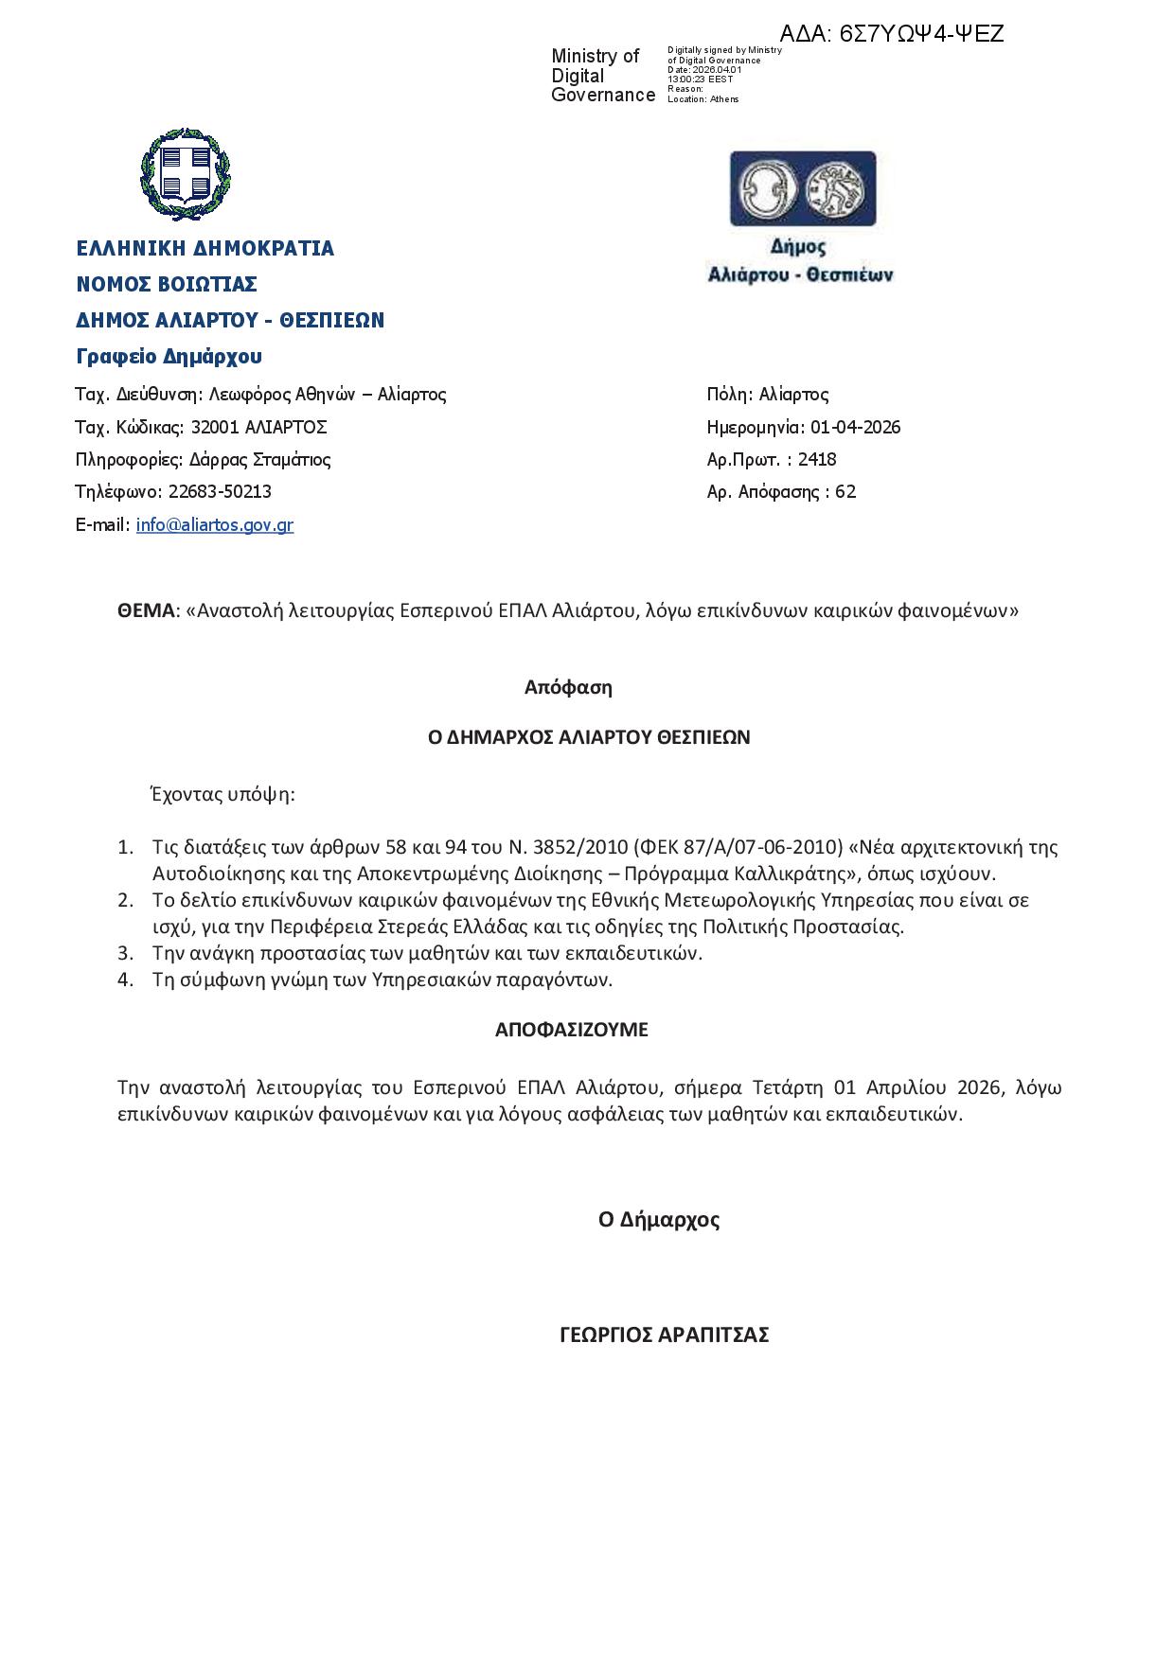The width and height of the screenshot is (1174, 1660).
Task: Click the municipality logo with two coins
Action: pyautogui.click(x=802, y=187)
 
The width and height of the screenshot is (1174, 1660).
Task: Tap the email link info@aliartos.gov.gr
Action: pyautogui.click(x=214, y=524)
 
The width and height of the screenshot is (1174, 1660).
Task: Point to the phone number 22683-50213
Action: pyautogui.click(x=220, y=492)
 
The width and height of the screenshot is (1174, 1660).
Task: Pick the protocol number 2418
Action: pyautogui.click(x=817, y=460)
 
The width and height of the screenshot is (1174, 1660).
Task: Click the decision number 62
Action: pyautogui.click(x=845, y=492)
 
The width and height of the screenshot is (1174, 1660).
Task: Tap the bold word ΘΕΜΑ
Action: pyautogui.click(x=147, y=610)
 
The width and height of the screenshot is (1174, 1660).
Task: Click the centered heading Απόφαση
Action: pyautogui.click(x=568, y=687)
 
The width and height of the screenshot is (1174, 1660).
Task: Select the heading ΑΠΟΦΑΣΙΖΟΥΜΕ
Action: pyautogui.click(x=571, y=1030)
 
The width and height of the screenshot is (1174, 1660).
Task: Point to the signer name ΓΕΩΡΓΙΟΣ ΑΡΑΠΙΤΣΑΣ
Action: pyautogui.click(x=664, y=1334)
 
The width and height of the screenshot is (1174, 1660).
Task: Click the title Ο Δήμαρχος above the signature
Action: pyautogui.click(x=659, y=1219)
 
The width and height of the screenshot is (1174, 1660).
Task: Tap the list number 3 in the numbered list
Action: pyautogui.click(x=125, y=953)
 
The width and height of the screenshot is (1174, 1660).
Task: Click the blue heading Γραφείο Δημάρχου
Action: pyautogui.click(x=169, y=357)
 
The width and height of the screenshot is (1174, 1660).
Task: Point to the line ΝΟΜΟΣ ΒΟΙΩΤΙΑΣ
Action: pyautogui.click(x=167, y=284)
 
